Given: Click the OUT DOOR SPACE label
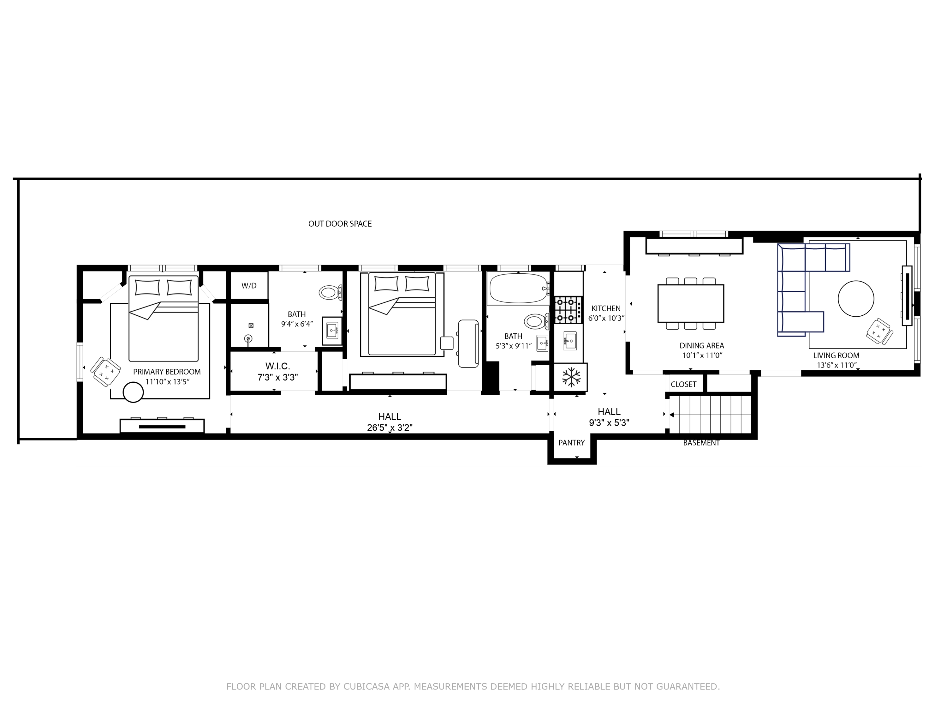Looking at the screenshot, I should [x=340, y=224].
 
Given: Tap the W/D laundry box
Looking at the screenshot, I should [x=249, y=285].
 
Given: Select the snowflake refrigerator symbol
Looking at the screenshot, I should [x=571, y=377].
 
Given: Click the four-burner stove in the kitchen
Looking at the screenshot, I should [x=569, y=310].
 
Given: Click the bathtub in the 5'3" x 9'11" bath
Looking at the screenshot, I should [x=518, y=289].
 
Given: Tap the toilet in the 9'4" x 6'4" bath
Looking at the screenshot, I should [x=330, y=293].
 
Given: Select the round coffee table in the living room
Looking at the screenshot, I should [x=856, y=299].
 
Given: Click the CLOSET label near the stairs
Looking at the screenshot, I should [x=683, y=385].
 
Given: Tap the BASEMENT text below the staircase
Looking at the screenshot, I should [x=701, y=443].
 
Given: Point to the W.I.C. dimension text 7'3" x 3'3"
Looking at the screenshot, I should [x=277, y=377].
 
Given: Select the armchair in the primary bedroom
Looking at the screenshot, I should [x=105, y=372].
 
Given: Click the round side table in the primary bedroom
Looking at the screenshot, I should [x=133, y=392].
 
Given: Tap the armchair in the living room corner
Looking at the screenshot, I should [x=879, y=331].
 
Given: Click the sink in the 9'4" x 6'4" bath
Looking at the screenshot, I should [x=332, y=331].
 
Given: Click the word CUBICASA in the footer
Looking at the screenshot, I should [x=366, y=687].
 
